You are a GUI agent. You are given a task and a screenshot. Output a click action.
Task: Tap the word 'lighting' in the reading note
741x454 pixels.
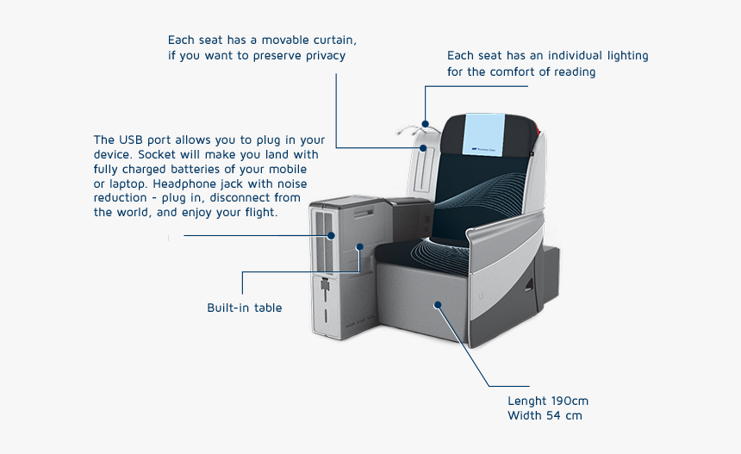click(627, 56)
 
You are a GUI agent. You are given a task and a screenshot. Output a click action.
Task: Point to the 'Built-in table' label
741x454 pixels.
click(245, 308)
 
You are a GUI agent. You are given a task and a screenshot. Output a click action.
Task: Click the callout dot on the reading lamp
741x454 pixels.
click(426, 124)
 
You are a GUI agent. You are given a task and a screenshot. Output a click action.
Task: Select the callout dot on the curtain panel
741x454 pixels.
click(423, 148)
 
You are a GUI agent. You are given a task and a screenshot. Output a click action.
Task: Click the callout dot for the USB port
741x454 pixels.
click(331, 236)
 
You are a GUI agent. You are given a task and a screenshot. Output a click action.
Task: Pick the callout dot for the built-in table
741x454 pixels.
click(359, 246)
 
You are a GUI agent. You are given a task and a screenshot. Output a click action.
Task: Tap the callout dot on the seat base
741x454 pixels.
click(438, 305)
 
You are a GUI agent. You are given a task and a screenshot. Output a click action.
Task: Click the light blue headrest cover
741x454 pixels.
click(484, 134)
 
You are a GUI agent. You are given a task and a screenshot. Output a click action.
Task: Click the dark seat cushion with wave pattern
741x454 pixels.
click(423, 255)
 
